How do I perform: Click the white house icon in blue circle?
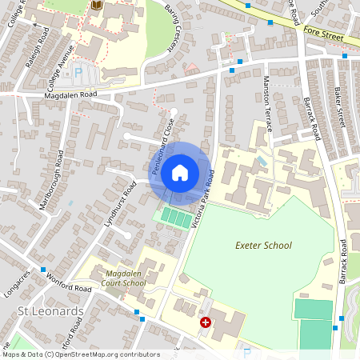[180, 172]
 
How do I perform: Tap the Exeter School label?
[265, 246]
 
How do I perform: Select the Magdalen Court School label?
[126, 278]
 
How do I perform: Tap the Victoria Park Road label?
[205, 200]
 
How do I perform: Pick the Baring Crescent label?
[174, 30]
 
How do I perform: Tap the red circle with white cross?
[206, 322]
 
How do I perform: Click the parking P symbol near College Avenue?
[78, 72]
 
